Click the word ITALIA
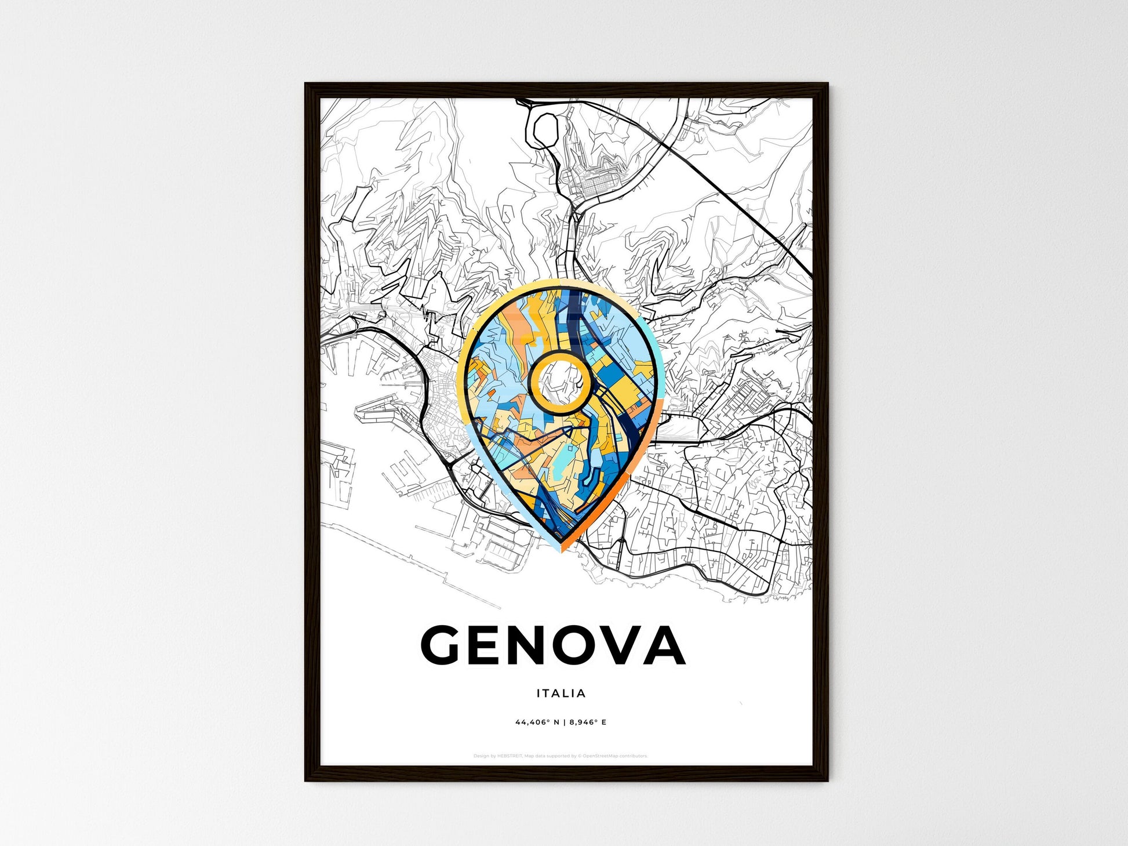click(561, 693)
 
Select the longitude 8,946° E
click(588, 722)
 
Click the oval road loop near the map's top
click(544, 130)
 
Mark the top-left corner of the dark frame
click(306, 85)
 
